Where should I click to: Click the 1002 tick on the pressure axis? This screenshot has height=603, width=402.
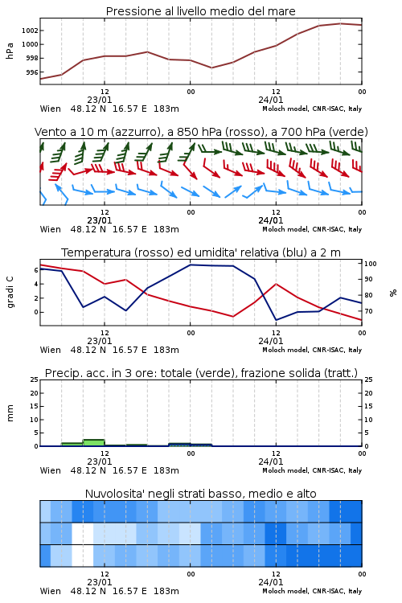coord(30,31)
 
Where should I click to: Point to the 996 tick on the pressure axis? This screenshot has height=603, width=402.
coord(32,72)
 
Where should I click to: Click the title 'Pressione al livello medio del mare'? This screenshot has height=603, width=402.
coord(201,11)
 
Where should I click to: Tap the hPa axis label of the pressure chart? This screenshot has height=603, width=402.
coord(10,51)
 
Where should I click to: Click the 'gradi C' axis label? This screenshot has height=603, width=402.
coord(10,292)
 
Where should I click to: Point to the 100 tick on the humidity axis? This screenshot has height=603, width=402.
coord(370,264)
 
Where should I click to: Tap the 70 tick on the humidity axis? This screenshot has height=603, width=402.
coord(368,311)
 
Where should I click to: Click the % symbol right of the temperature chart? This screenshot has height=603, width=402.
coord(393,293)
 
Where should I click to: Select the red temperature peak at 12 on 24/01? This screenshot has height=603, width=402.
coord(276,284)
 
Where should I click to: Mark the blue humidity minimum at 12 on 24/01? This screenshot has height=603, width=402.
coord(276,320)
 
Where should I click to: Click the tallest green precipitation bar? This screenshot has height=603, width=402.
coord(94,443)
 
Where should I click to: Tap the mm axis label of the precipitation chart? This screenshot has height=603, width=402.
coord(10,413)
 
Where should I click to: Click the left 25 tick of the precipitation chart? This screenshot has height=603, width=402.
coord(35,379)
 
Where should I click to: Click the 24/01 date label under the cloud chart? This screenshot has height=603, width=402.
coord(271,582)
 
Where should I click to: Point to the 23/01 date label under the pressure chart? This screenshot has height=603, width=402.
coord(100,100)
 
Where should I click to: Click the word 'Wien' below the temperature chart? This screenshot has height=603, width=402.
coord(51,350)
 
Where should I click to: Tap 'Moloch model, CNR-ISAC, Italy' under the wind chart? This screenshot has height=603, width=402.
coord(312,230)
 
